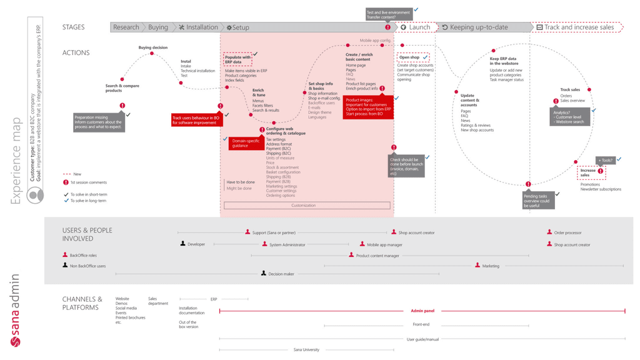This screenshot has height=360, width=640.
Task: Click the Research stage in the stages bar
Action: coord(126,27)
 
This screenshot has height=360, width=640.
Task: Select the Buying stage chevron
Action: coord(157,27)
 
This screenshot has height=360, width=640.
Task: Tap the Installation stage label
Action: coord(199,27)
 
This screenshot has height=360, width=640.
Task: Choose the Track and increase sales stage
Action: coord(578,27)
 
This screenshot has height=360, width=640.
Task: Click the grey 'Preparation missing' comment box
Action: coord(98,122)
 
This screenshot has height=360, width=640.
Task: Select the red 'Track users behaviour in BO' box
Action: coord(196,120)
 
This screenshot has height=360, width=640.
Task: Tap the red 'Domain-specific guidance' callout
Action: coord(246,143)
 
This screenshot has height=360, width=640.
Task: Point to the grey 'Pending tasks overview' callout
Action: coord(538,201)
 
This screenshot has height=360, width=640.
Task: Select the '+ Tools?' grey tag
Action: coord(605,161)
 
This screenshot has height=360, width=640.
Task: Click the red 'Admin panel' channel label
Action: coord(422,311)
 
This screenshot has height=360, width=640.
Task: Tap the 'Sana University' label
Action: coord(306,349)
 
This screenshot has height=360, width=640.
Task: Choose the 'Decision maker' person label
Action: coord(281,274)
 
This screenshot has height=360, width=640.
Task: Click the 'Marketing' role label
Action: coord(491,266)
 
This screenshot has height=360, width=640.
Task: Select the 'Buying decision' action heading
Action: coord(153,47)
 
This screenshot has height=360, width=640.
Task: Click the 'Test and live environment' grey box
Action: coord(388,14)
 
